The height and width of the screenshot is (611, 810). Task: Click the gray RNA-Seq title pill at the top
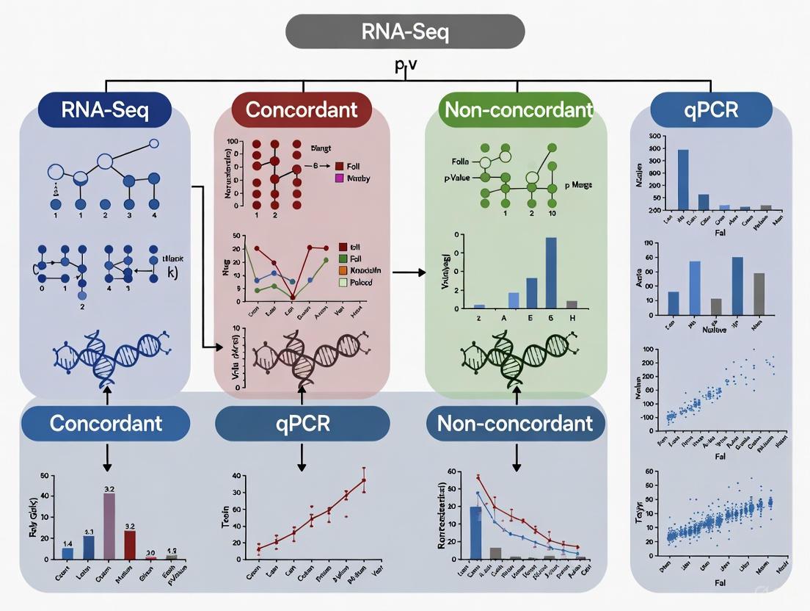tap(405, 31)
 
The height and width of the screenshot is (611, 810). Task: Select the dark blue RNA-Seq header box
tap(105, 110)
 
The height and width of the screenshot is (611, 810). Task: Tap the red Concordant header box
tap(302, 110)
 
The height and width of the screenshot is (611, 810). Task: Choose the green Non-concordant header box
tap(518, 110)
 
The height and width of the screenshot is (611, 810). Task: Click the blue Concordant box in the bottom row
tap(106, 423)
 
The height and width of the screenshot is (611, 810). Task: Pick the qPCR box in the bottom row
tap(302, 424)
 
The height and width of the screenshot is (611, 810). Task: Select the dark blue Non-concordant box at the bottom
tap(515, 424)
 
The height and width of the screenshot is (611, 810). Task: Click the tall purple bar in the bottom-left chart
tap(109, 526)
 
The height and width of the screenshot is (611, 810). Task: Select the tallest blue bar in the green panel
tap(551, 272)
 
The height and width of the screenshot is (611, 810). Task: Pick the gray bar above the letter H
tap(572, 303)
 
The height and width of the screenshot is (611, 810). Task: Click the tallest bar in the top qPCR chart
tap(683, 180)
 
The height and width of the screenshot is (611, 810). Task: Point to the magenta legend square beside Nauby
tap(339, 178)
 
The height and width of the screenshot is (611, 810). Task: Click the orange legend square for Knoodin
tap(343, 271)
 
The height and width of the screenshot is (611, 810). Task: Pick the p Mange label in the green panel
tap(578, 186)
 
